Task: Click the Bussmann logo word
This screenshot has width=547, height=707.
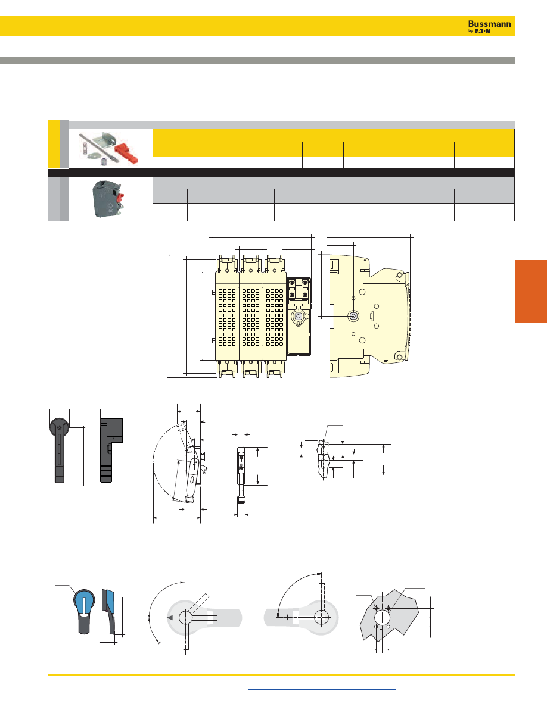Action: coord(489,24)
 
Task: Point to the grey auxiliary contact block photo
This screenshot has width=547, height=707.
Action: coord(107,198)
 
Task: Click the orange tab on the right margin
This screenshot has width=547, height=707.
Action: coord(531,291)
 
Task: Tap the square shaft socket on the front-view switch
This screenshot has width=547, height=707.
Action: coord(298,317)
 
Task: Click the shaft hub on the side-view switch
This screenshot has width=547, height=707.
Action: coord(353,316)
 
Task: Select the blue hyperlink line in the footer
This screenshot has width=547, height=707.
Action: coord(322,689)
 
